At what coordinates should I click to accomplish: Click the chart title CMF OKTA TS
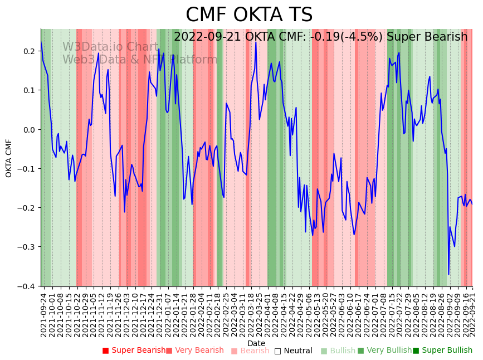(x=249, y=15)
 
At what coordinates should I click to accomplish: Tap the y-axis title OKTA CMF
(x=9, y=158)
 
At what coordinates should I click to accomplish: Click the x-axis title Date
(x=256, y=343)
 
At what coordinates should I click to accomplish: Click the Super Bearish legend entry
(x=134, y=351)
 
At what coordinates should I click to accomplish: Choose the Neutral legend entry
(x=294, y=351)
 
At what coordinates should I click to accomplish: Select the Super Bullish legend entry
(x=442, y=351)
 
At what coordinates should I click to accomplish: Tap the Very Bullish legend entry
(x=384, y=351)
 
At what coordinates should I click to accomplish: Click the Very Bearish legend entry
(x=194, y=351)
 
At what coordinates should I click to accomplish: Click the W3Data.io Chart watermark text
(x=110, y=47)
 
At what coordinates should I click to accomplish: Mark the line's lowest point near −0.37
(x=448, y=274)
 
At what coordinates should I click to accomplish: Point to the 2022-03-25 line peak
(x=256, y=42)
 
